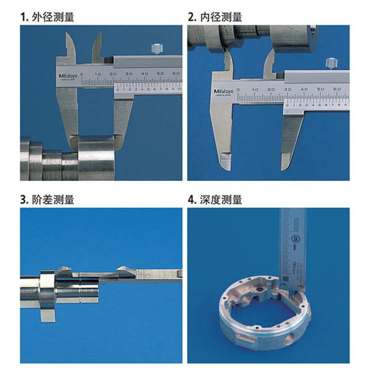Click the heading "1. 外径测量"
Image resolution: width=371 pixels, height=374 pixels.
pyautogui.click(x=47, y=17)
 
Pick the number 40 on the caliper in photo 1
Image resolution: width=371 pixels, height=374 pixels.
pyautogui.click(x=144, y=74)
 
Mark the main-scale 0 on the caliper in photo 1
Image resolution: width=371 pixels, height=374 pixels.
pyautogui.click(x=83, y=74)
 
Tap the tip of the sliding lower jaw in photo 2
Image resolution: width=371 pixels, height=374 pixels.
pyautogui.click(x=286, y=162)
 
